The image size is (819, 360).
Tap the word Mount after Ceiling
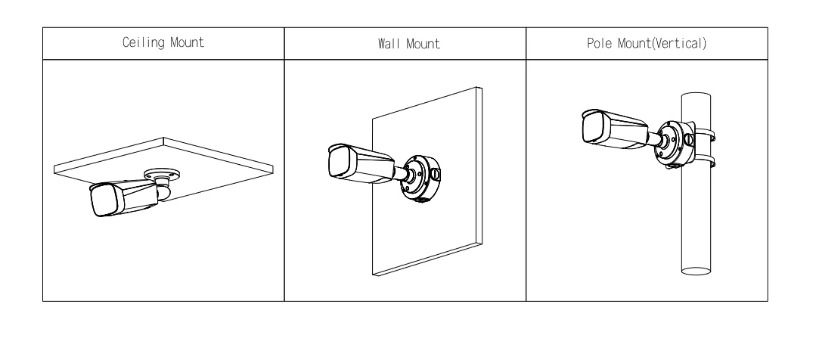187,42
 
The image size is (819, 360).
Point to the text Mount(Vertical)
662,43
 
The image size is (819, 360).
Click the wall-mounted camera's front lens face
342,162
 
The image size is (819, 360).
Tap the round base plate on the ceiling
163,172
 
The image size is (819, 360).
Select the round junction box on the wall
420,178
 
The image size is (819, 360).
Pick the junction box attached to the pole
675,143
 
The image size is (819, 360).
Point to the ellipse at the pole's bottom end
696,271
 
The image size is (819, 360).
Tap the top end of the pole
696,96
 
